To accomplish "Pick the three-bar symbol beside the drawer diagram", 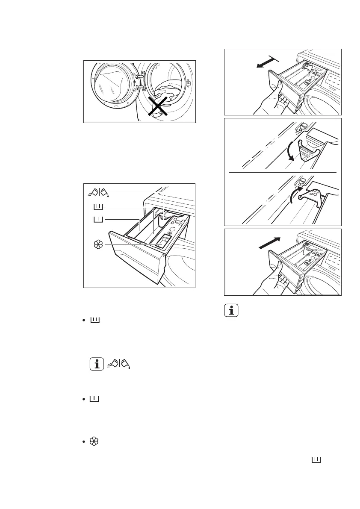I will click(98, 207).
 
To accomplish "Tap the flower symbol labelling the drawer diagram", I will click(98, 244).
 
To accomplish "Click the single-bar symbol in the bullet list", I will click(94, 399).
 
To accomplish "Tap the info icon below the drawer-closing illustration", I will click(231, 311).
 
